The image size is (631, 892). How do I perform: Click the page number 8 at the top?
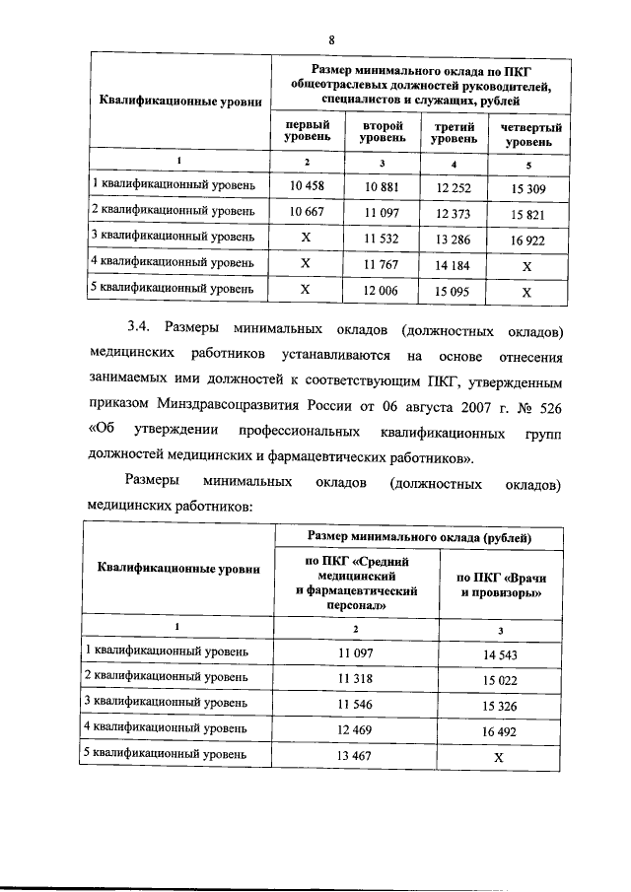(x=332, y=38)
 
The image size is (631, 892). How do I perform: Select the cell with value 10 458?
(x=306, y=186)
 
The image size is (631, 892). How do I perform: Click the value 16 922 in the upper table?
(x=526, y=239)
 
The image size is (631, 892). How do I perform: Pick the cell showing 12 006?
(x=380, y=291)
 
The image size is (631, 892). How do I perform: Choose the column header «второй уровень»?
(x=380, y=135)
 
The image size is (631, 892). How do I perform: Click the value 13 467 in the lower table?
(x=357, y=756)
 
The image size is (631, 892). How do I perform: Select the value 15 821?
(x=526, y=213)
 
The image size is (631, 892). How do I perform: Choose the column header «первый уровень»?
(x=307, y=135)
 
